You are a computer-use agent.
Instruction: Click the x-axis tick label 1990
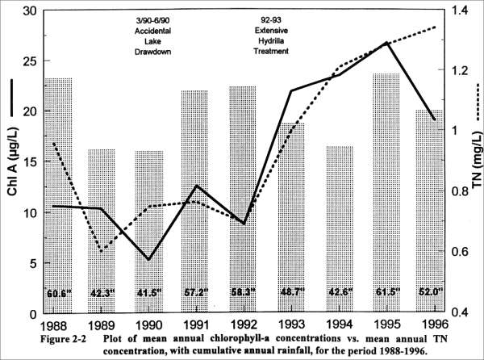pos(148,324)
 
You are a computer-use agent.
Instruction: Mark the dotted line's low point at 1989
pos(102,252)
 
